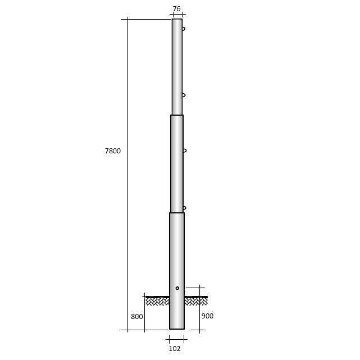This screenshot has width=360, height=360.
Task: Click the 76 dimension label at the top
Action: [176, 9]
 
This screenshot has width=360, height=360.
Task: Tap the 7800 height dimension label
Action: [113, 151]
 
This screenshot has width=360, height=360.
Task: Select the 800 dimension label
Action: [137, 317]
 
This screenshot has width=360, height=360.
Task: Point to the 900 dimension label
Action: [207, 316]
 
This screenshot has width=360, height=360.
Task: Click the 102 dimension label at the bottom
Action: [175, 349]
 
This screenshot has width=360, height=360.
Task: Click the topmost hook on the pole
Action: [184, 29]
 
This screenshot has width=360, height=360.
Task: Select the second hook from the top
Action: [184, 95]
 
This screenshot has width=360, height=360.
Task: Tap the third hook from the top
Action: [185, 151]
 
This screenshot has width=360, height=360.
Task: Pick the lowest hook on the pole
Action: [185, 208]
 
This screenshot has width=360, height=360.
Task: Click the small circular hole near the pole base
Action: [177, 288]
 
